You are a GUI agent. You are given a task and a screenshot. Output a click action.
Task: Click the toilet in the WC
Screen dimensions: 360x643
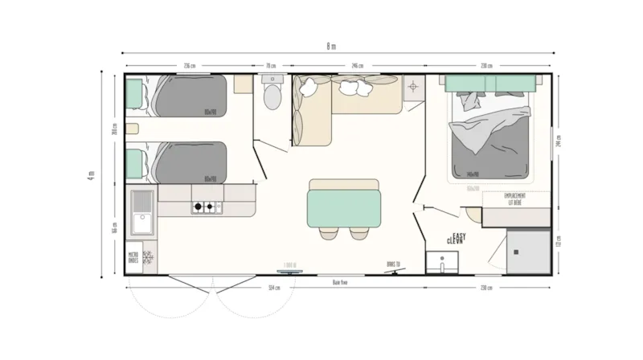[x=272, y=96]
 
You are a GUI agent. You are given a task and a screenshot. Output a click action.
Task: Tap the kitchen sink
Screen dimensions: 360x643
[x=143, y=211]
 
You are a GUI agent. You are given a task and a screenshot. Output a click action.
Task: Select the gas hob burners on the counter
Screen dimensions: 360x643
[x=204, y=208]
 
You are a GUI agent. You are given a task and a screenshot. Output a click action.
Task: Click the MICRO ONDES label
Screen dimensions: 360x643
[x=133, y=257]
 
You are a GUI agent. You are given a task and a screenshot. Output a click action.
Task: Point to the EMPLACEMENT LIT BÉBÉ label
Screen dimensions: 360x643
[x=514, y=198]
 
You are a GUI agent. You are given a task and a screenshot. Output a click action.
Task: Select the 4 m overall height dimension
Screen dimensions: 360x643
[x=92, y=174]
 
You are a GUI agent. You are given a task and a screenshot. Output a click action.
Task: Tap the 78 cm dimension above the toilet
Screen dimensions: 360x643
[x=271, y=66]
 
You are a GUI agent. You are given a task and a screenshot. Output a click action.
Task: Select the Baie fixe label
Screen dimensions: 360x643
[x=339, y=282]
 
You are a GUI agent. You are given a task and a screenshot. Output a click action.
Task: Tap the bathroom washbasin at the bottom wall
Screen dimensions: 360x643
[x=441, y=262]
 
